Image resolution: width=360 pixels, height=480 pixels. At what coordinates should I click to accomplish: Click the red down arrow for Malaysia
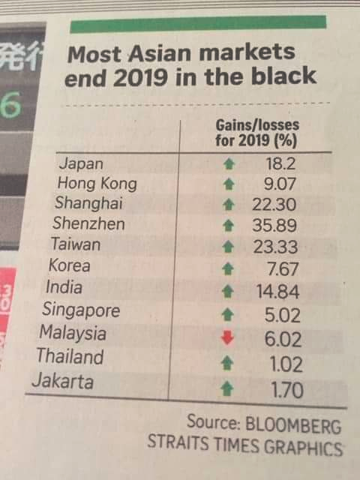click(x=227, y=337)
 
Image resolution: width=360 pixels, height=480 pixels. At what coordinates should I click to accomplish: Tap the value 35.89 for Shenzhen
click(x=274, y=225)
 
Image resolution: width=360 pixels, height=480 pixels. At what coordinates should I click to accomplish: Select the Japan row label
click(x=81, y=164)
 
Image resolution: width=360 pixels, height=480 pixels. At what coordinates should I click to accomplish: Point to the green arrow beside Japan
click(x=229, y=164)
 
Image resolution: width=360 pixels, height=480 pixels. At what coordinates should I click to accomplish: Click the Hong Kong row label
click(x=97, y=184)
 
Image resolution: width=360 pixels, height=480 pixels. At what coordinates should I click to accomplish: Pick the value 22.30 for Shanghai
click(x=274, y=204)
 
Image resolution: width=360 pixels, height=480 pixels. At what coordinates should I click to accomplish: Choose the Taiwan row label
click(x=76, y=244)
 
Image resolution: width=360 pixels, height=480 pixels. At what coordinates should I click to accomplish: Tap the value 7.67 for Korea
click(x=282, y=269)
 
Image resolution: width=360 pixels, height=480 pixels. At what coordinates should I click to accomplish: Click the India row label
click(x=64, y=287)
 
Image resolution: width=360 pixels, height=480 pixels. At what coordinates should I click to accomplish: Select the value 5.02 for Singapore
click(x=282, y=315)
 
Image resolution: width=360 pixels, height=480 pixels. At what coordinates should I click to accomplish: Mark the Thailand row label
click(x=70, y=356)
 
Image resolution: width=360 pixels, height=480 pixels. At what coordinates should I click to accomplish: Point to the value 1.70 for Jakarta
click(x=286, y=390)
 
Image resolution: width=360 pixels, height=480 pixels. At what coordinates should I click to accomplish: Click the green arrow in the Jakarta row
click(x=227, y=388)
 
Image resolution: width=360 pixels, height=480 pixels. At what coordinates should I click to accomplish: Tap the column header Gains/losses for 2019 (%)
click(x=257, y=133)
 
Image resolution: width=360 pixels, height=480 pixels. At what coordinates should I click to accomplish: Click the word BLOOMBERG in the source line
click(x=293, y=425)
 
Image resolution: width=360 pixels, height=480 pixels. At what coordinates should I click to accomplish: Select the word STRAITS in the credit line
click(x=178, y=442)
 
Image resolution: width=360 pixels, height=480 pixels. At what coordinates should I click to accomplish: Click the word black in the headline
click(x=284, y=76)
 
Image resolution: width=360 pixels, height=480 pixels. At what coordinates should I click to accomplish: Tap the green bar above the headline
click(x=198, y=23)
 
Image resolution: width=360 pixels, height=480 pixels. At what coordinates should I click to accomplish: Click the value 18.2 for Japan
click(x=280, y=164)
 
